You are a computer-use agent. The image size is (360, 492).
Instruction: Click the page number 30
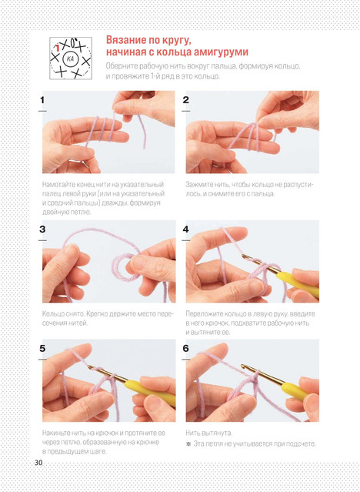tap(38, 462)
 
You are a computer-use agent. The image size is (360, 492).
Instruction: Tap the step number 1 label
tap(42, 100)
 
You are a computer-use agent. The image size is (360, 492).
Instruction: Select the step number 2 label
tap(185, 100)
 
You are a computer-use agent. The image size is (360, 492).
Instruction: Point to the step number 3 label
tap(42, 229)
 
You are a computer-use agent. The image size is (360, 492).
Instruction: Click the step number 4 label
tap(185, 229)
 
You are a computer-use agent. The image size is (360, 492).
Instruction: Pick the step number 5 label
tap(42, 349)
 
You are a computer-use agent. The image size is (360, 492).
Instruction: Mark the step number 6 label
tap(185, 349)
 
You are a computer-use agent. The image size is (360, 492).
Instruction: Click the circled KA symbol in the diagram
tap(70, 59)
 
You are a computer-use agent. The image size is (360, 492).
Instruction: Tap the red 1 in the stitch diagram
tap(58, 48)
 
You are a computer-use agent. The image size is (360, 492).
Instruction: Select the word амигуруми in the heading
tap(221, 52)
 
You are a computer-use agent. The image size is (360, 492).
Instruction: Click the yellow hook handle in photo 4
tap(297, 283)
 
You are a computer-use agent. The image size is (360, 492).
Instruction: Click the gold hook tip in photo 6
tap(243, 366)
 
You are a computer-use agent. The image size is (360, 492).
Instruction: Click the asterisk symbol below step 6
tap(188, 444)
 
